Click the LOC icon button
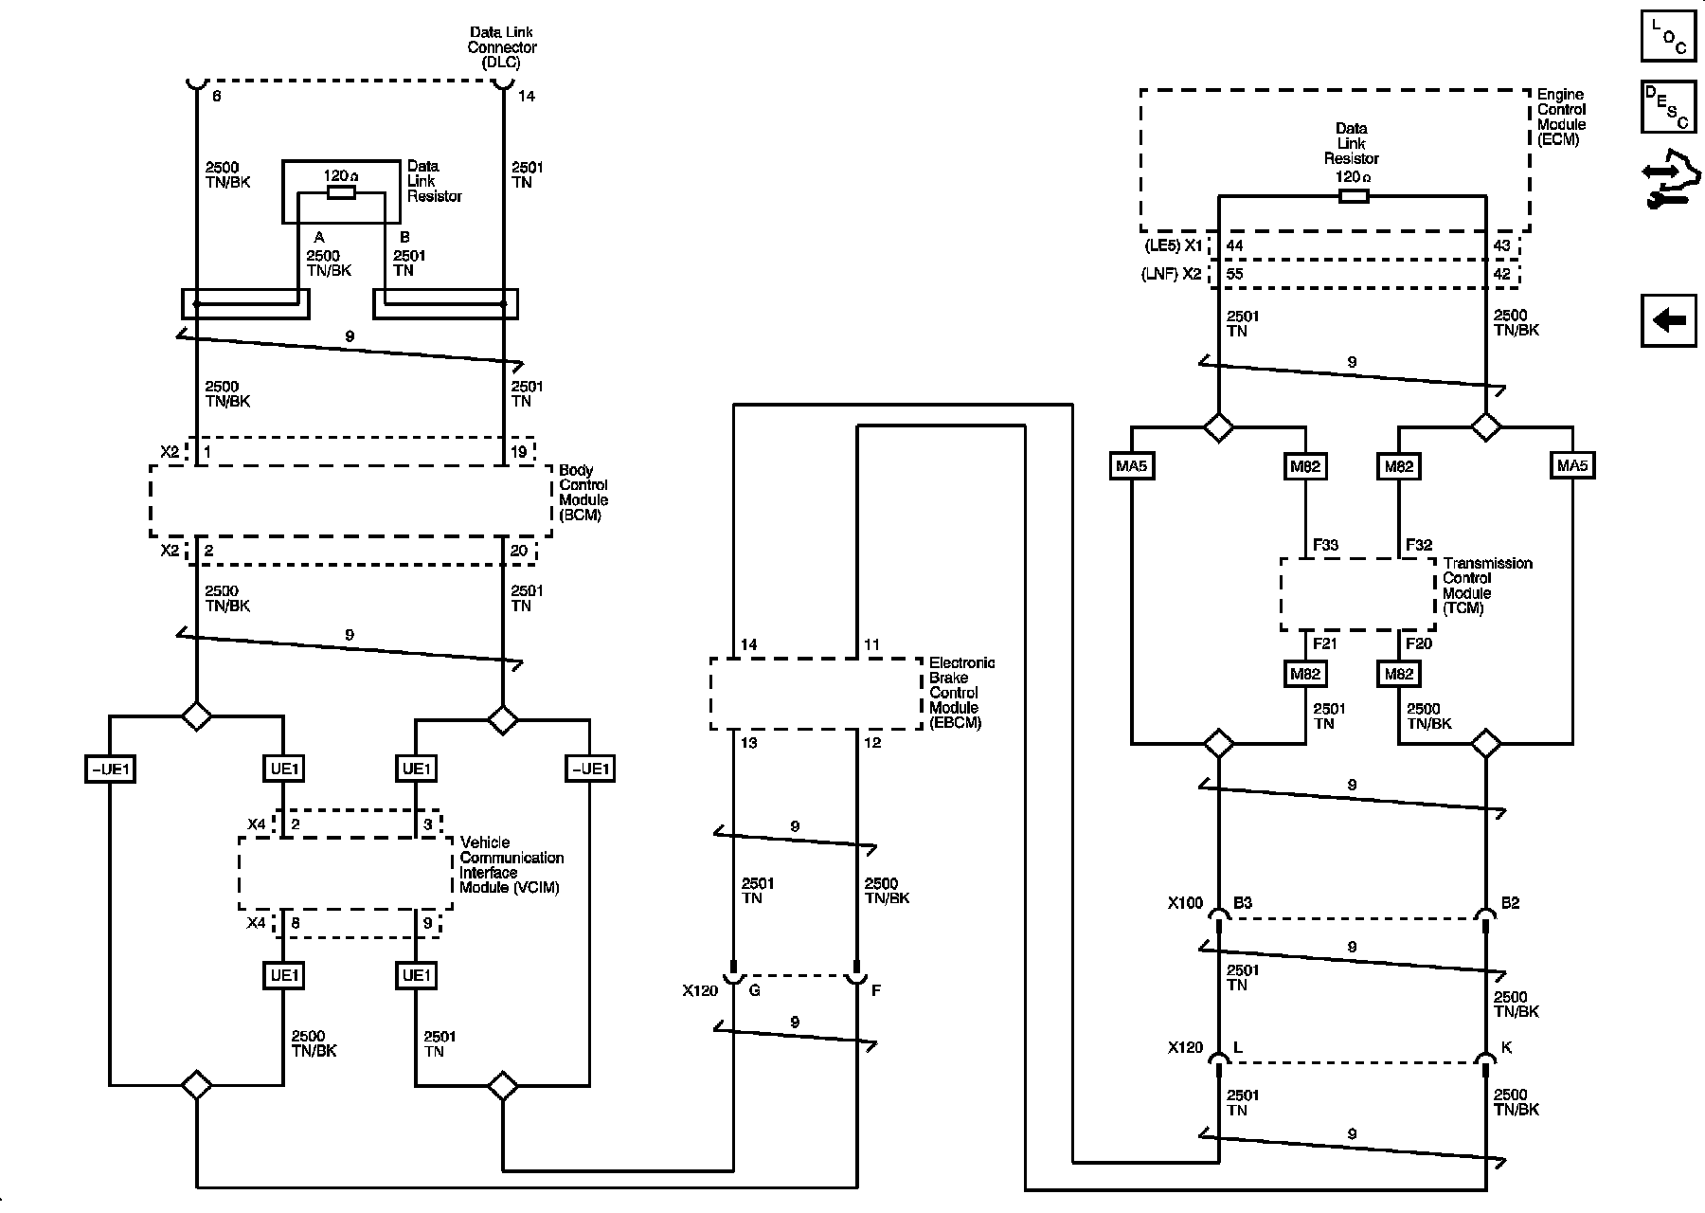click(x=1669, y=36)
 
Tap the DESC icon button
click(x=1669, y=107)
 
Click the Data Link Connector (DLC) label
click(x=502, y=47)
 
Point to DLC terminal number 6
click(x=217, y=97)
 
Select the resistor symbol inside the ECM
click(x=1353, y=196)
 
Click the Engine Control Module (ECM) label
click(x=1561, y=117)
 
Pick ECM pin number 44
click(x=1235, y=245)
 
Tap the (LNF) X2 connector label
click(x=1171, y=274)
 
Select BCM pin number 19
click(x=519, y=452)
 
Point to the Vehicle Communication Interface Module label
click(x=511, y=865)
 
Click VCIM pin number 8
click(x=296, y=922)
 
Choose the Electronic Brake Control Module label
click(x=961, y=693)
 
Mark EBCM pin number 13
click(x=748, y=743)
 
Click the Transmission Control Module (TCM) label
click(x=1487, y=586)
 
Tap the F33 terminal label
click(x=1325, y=545)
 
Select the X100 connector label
click(x=1185, y=903)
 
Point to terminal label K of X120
click(x=1507, y=1048)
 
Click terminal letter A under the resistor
click(x=319, y=237)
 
